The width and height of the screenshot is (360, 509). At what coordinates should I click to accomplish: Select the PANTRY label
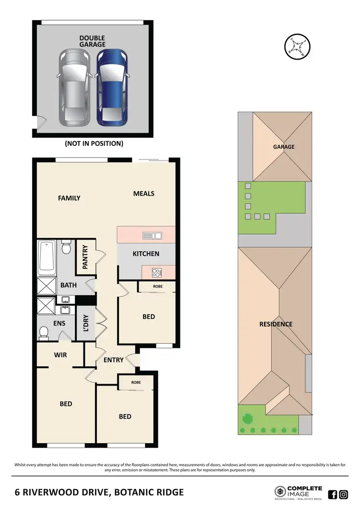(x=85, y=257)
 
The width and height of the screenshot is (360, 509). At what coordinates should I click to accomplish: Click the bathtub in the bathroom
(x=47, y=257)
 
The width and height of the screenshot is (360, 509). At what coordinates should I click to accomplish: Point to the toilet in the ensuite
(x=46, y=332)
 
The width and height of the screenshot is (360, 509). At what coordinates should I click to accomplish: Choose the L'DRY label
(x=86, y=323)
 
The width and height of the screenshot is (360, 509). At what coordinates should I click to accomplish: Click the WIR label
(x=60, y=355)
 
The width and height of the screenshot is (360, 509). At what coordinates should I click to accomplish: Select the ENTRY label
(x=113, y=360)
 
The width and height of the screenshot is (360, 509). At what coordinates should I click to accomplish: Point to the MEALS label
(x=144, y=194)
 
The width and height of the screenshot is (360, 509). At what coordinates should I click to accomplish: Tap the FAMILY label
(x=69, y=198)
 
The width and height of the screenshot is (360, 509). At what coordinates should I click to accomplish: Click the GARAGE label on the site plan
(x=284, y=147)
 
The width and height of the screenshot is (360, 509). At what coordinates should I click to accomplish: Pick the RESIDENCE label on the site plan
(x=276, y=324)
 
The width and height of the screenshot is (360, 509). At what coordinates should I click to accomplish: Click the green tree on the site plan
(x=247, y=418)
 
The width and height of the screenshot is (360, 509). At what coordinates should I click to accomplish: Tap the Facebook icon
(x=332, y=494)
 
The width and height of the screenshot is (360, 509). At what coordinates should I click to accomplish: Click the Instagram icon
(x=343, y=494)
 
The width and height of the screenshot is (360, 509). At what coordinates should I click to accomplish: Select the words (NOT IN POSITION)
(x=94, y=143)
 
